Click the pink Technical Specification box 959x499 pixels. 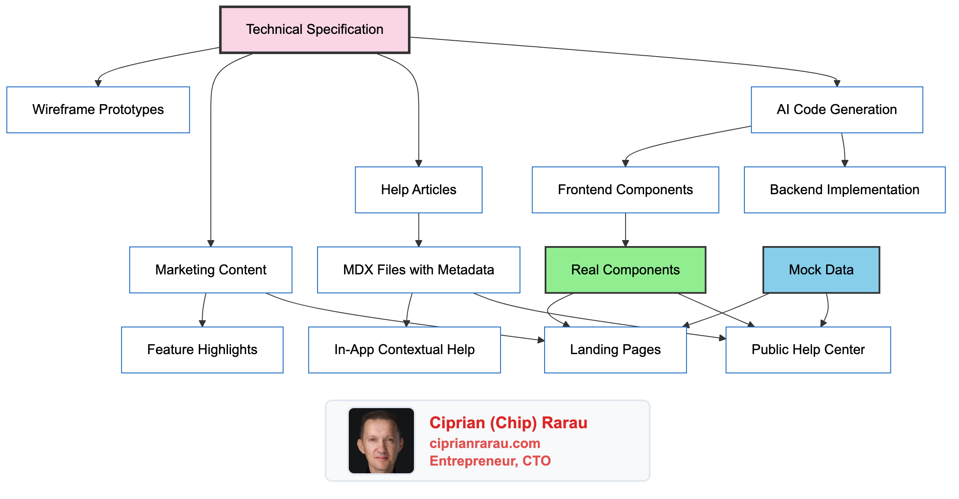pyautogui.click(x=315, y=30)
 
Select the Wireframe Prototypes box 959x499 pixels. pyautogui.click(x=98, y=110)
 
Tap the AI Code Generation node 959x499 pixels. pyautogui.click(x=836, y=110)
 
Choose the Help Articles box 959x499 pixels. pyautogui.click(x=418, y=190)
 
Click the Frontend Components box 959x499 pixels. pyautogui.click(x=625, y=190)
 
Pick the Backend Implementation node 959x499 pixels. pyautogui.click(x=844, y=190)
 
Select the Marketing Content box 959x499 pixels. pyautogui.click(x=210, y=270)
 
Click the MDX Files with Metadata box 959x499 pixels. pyautogui.click(x=418, y=270)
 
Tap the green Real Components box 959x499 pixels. pyautogui.click(x=625, y=270)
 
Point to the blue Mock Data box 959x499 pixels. pyautogui.click(x=821, y=270)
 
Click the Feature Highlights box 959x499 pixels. pyautogui.click(x=202, y=350)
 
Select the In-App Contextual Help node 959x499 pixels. pyautogui.click(x=404, y=350)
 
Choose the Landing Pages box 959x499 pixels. pyautogui.click(x=615, y=350)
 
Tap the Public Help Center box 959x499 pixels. pyautogui.click(x=808, y=350)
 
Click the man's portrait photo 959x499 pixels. pyautogui.click(x=381, y=441)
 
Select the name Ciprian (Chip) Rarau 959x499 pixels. pyautogui.click(x=508, y=423)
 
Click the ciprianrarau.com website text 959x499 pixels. pyautogui.click(x=485, y=443)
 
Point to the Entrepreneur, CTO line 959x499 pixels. pyautogui.click(x=490, y=461)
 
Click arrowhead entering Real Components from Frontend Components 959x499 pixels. pyautogui.click(x=625, y=243)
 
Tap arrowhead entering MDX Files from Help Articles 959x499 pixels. pyautogui.click(x=419, y=243)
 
